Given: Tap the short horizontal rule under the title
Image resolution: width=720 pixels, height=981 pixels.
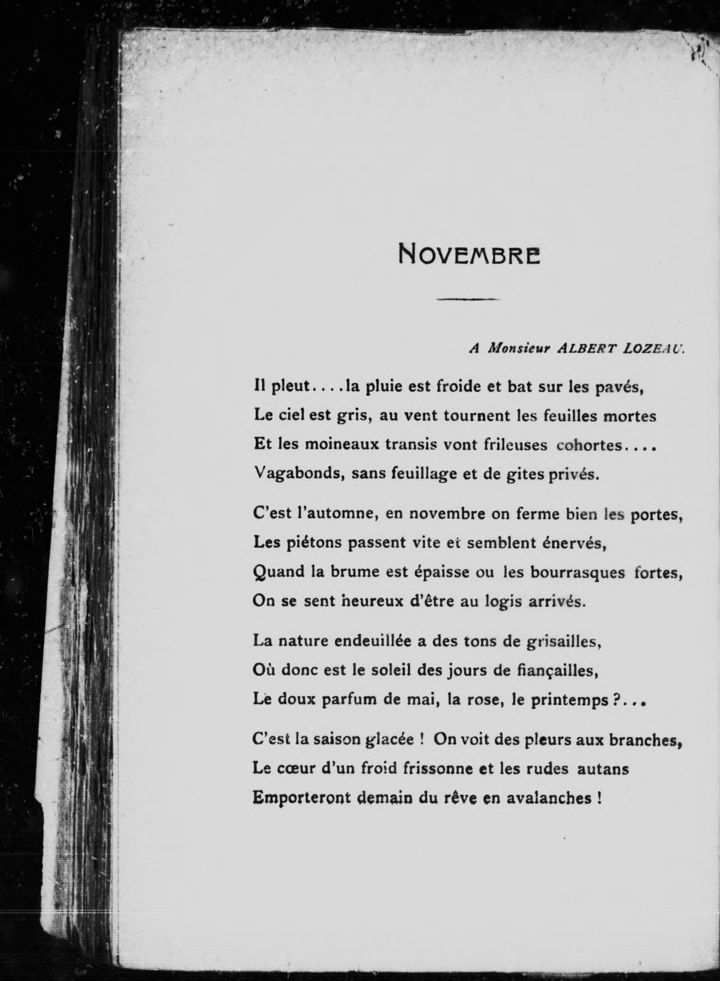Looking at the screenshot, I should coord(468,299).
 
